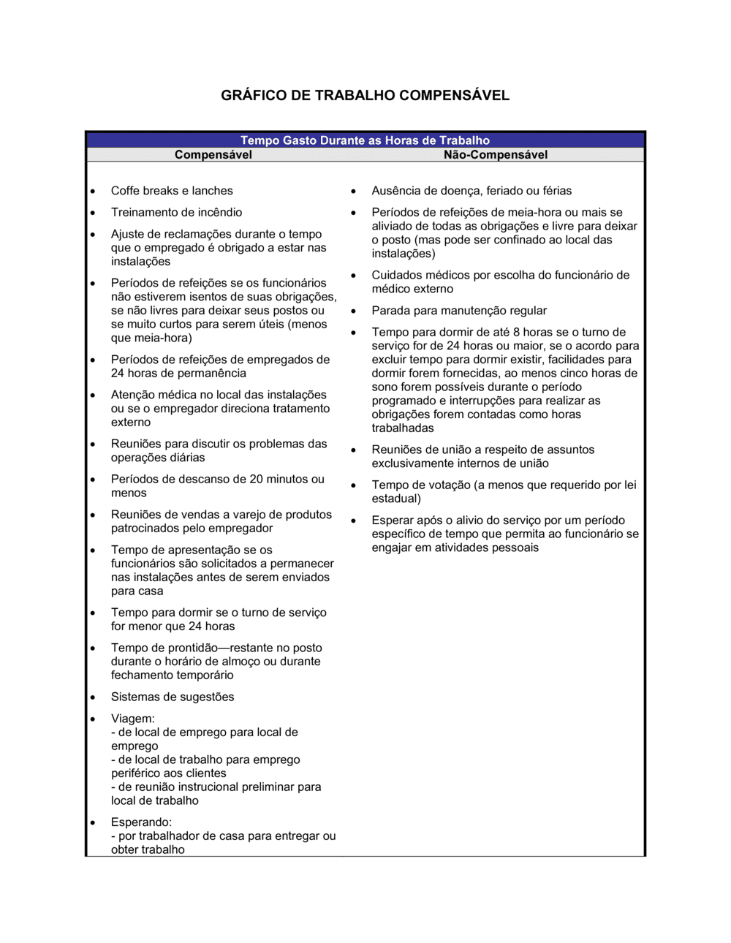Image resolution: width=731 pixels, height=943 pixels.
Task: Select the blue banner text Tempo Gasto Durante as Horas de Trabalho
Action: tap(365, 140)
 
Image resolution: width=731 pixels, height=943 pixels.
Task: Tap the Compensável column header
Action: tap(213, 155)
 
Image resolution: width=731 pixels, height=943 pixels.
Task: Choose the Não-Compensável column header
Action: tap(495, 155)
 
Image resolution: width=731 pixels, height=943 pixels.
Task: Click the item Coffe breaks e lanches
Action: tap(172, 191)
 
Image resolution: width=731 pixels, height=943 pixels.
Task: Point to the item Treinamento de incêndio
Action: tap(176, 213)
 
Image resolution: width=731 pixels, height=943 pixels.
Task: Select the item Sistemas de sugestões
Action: tap(173, 697)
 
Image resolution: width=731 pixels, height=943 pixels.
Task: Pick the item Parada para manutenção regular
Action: tap(458, 311)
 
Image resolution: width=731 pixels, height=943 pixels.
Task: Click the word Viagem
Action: tap(132, 719)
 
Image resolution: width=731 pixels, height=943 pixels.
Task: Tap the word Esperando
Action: tap(141, 822)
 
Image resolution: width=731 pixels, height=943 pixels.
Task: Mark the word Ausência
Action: tap(396, 191)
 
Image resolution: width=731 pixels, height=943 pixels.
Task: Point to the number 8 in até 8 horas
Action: tap(516, 332)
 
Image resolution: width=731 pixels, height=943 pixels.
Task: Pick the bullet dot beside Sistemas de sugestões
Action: tap(93, 697)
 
